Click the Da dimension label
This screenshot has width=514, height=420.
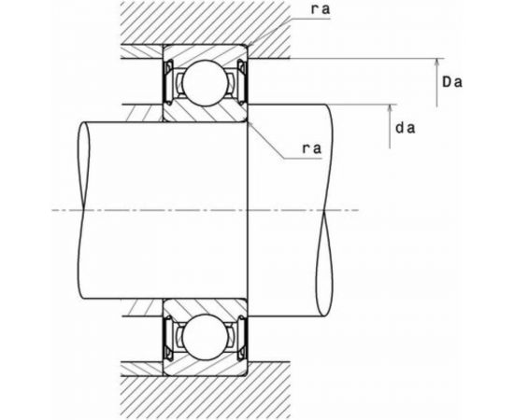(453, 83)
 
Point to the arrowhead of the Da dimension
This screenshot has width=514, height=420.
(437, 62)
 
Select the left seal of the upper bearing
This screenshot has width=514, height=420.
(170, 82)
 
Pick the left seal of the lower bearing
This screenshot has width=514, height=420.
(170, 334)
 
